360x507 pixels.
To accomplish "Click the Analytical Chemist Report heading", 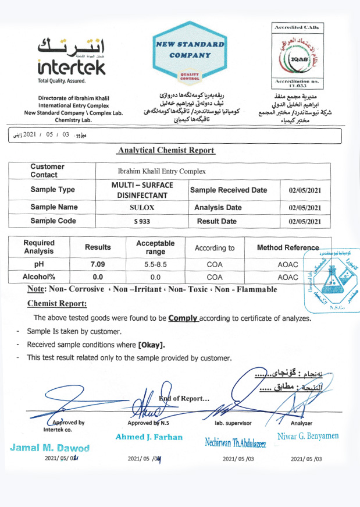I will [x=166, y=150].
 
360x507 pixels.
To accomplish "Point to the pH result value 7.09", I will [x=98, y=264].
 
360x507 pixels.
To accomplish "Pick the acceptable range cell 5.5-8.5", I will [x=155, y=264].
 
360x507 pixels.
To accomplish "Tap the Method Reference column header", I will [x=288, y=247].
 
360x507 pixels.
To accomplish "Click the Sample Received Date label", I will [x=229, y=190].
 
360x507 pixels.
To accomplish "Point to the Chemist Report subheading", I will [x=57, y=304].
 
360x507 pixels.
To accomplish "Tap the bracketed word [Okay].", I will [x=151, y=344].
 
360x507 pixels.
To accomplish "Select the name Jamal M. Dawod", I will [x=49, y=448].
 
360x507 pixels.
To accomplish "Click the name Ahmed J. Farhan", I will [x=149, y=437].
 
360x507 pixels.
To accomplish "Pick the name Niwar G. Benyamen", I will [x=308, y=436].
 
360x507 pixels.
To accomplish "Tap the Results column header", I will [x=98, y=247].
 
